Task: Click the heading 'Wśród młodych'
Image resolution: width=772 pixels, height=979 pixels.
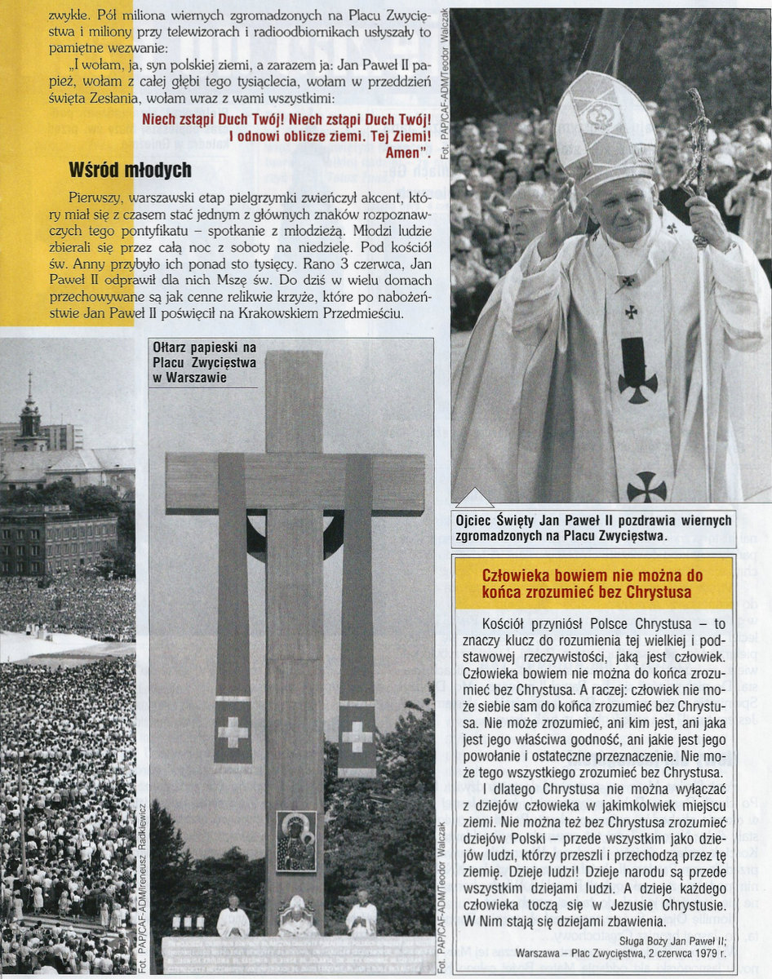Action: [130, 170]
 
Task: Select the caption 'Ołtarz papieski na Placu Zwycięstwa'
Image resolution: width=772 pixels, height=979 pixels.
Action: [205, 362]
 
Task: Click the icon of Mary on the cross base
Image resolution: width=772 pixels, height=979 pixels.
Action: [295, 841]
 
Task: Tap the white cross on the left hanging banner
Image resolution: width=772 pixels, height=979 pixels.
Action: [233, 733]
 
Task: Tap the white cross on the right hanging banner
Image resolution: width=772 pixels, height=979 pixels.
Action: [357, 737]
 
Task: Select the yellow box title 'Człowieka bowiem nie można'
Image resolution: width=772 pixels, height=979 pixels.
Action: [592, 583]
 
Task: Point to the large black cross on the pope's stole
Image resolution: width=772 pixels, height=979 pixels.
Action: [637, 370]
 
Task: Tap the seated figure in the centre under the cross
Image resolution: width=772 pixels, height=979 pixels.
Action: [295, 918]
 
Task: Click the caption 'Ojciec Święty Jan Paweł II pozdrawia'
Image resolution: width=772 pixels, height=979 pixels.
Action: [593, 527]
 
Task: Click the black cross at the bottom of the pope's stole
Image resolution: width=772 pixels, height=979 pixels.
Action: [646, 487]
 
